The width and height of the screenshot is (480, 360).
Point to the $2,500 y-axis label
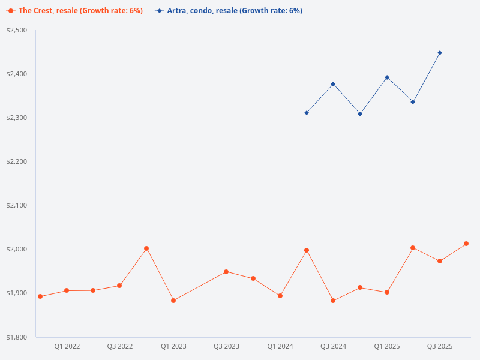point(17,30)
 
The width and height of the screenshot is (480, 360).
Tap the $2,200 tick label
point(17,161)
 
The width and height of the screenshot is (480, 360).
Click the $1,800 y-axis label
point(17,337)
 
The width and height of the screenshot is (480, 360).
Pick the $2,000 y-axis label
point(17,249)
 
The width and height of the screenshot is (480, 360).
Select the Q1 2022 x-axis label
point(67,347)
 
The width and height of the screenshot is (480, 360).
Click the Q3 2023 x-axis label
point(226,347)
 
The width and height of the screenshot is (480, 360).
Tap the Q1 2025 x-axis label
point(387,347)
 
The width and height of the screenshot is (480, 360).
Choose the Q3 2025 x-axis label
point(440,347)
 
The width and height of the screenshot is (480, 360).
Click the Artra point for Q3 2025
point(440,53)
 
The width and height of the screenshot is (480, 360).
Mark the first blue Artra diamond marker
point(307,113)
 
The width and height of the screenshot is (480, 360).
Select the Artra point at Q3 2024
point(333,84)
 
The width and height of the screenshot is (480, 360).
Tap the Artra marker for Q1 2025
point(387,77)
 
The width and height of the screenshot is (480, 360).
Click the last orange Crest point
point(466,244)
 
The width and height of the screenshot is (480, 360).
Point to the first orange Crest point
point(40,296)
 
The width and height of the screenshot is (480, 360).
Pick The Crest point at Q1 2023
point(173,301)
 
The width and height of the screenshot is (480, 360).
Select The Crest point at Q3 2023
point(226,272)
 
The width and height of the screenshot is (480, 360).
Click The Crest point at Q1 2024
point(280,296)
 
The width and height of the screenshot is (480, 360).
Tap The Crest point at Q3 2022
point(119,286)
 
